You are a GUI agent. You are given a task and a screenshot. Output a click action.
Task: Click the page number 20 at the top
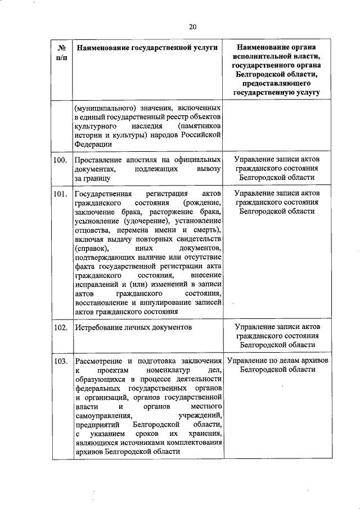193,26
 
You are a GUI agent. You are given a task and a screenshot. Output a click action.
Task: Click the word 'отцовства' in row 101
92,230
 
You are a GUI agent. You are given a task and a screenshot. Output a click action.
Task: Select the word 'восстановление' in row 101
101,302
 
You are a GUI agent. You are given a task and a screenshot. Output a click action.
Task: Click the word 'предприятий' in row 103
95,425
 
